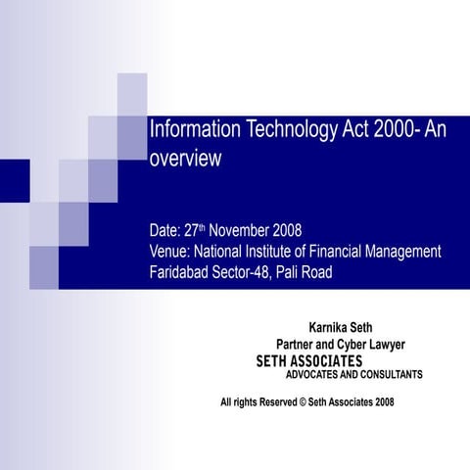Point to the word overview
pyautogui.click(x=185, y=158)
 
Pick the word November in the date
pyautogui.click(x=243, y=231)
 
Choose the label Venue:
pyautogui.click(x=170, y=252)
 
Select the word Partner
pyautogui.click(x=300, y=344)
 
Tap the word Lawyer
pyautogui.click(x=384, y=344)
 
